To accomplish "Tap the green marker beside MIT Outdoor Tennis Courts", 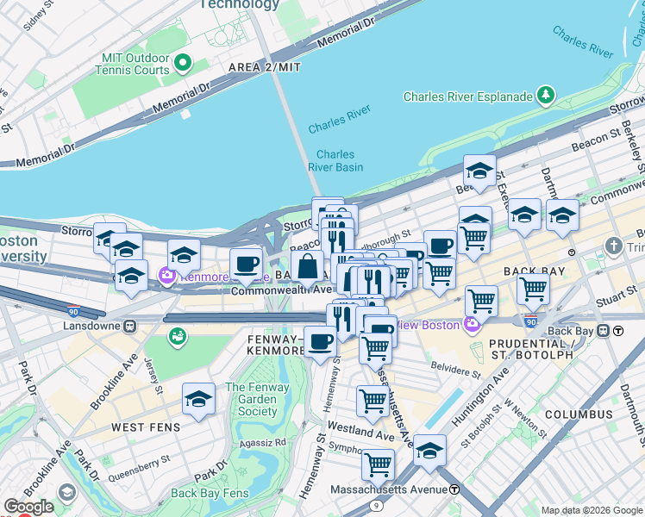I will point(183,63).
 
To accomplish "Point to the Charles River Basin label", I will point(335,161).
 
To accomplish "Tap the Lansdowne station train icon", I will point(130,327).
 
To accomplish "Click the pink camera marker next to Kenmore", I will point(166,277).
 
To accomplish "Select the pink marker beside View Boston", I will point(471,324).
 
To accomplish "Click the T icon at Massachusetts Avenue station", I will point(454,489).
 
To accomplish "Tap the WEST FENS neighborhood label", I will point(145,427).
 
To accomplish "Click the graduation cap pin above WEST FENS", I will point(198,400).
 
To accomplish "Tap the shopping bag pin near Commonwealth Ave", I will point(307,266).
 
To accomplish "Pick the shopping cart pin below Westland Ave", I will point(378,464).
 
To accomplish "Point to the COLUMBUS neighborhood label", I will point(579,414).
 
